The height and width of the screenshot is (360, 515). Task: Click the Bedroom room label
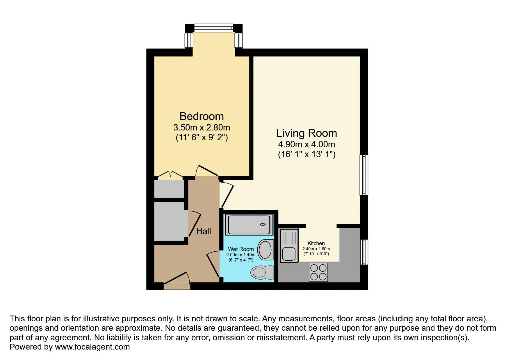coord(202,116)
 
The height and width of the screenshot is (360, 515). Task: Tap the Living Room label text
coord(306,133)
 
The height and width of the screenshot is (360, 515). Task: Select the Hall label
coord(204,231)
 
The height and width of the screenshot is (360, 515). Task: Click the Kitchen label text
coord(316,243)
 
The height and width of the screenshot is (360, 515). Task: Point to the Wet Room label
coord(241,249)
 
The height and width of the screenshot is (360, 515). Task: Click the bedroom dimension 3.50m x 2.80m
coord(202,128)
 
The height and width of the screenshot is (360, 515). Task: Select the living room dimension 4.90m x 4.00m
coord(306,144)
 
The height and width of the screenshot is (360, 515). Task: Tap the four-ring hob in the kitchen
coord(318,272)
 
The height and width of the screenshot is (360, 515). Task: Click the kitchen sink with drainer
coord(289,246)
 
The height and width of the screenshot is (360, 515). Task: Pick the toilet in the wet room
coord(262,272)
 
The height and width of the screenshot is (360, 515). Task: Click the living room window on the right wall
coord(364,175)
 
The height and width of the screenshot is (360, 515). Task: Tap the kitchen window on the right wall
coord(364,252)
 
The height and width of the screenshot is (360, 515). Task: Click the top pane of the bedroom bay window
coord(213,28)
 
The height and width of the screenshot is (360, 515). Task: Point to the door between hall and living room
coord(227,195)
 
